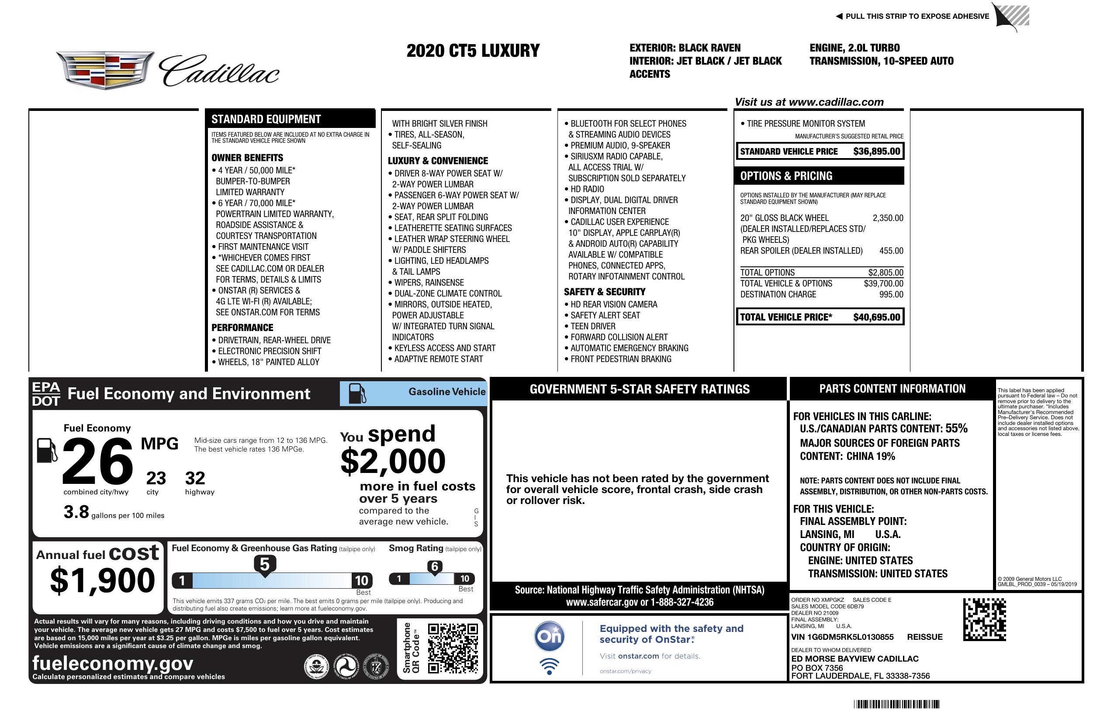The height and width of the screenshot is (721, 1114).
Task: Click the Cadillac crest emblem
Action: click(x=105, y=70)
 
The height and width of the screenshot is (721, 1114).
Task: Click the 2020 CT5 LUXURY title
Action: click(x=473, y=51)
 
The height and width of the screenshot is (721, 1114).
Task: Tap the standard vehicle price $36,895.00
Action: click(x=876, y=151)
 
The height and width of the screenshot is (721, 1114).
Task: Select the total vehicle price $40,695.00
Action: click(x=876, y=317)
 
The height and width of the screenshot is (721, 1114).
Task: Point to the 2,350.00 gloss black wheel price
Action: click(x=887, y=218)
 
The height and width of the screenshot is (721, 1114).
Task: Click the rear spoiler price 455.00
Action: click(x=891, y=251)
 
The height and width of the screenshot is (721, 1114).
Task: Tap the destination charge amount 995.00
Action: click(x=891, y=294)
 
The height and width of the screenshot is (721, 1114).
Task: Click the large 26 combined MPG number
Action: click(x=97, y=461)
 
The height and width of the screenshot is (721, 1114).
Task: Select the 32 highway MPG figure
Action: click(x=195, y=478)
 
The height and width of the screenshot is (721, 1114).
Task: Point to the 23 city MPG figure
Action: click(x=156, y=478)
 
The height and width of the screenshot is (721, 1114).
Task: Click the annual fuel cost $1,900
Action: click(x=102, y=580)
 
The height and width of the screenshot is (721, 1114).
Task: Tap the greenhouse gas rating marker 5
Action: click(x=264, y=565)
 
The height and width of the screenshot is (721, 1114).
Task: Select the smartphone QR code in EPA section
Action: click(x=453, y=648)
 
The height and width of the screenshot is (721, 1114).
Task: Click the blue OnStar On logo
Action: click(x=549, y=636)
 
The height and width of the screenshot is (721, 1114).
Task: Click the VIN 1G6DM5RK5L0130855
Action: click(x=842, y=637)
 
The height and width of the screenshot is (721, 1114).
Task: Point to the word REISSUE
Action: click(x=924, y=637)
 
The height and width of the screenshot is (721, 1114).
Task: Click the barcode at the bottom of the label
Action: click(x=896, y=704)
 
